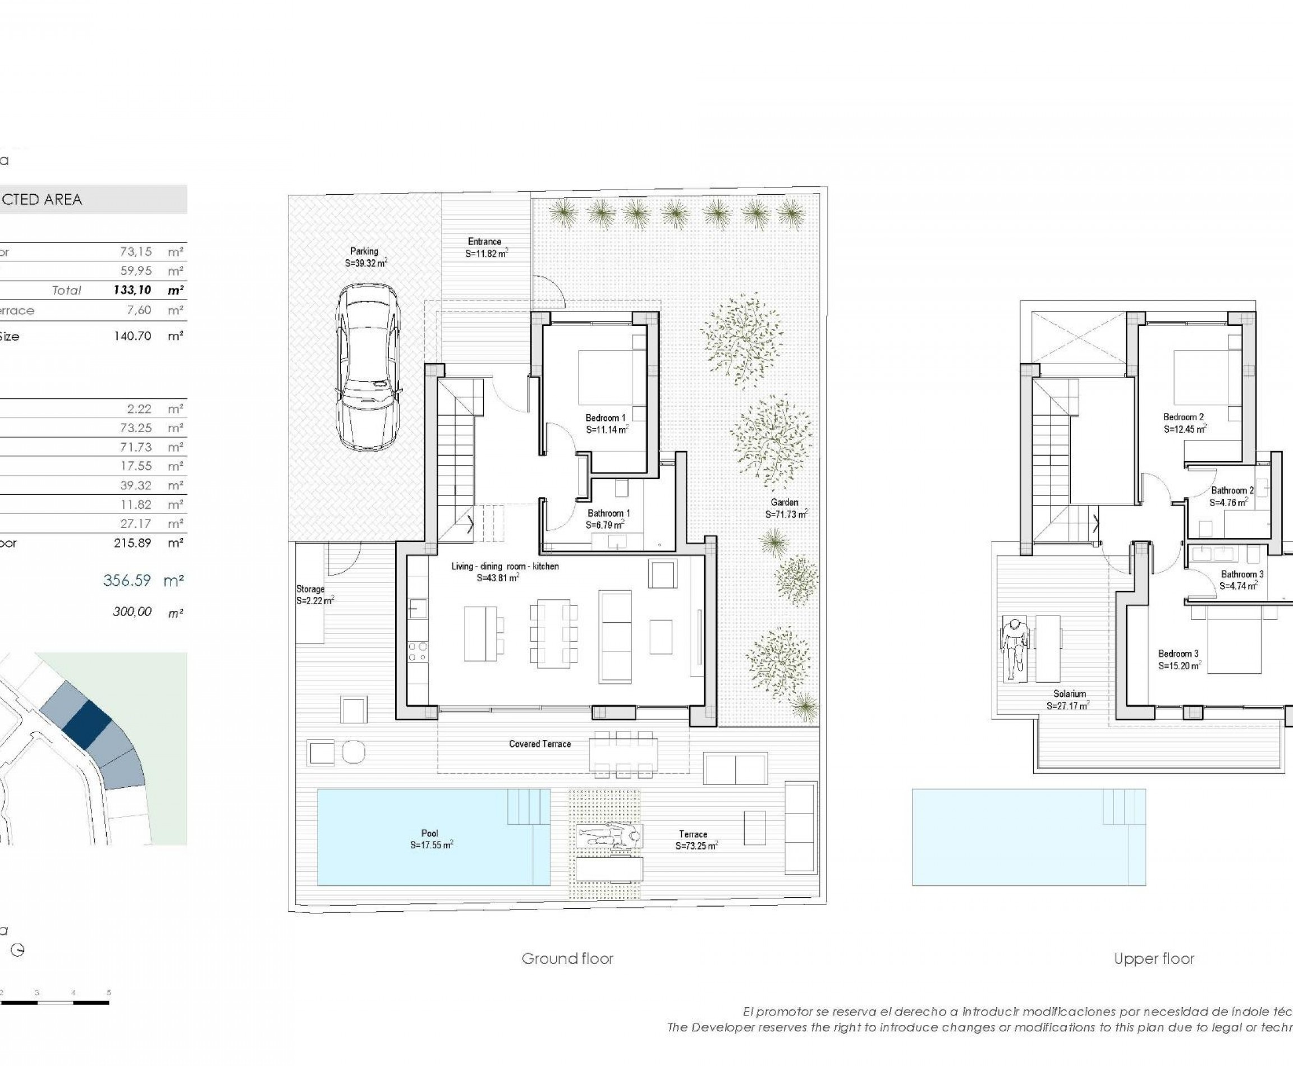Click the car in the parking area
click(368, 366)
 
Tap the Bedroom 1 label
click(606, 424)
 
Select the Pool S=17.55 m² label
click(430, 839)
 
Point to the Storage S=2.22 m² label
click(313, 594)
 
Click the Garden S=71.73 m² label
click(786, 508)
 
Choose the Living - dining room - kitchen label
click(505, 572)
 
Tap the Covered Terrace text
click(539, 743)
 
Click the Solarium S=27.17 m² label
click(1069, 700)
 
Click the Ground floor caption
click(567, 958)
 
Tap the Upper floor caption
click(1154, 958)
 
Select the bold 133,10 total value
click(132, 291)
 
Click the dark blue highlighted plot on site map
click(86, 724)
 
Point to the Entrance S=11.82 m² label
click(485, 247)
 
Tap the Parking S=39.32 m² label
click(365, 256)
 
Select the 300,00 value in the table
click(132, 612)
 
